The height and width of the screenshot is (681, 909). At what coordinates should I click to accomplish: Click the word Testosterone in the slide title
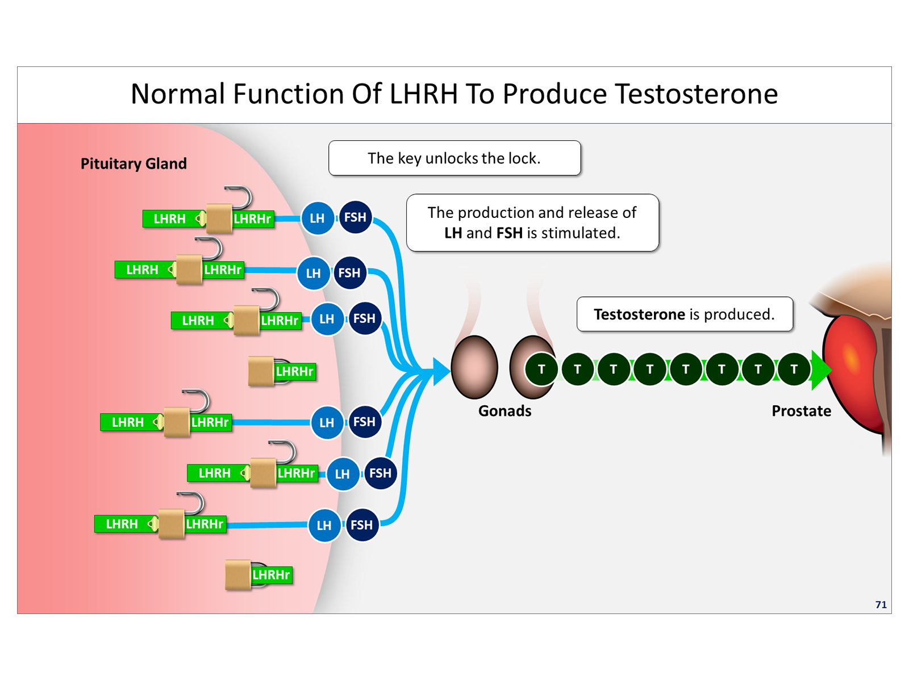pyautogui.click(x=697, y=94)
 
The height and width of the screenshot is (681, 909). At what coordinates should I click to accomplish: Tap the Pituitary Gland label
pyautogui.click(x=134, y=164)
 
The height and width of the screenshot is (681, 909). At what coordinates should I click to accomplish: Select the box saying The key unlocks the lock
pyautogui.click(x=454, y=158)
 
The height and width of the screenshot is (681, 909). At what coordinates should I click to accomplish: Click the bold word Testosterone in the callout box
pyautogui.click(x=639, y=314)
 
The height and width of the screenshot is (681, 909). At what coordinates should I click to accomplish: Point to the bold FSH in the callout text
pyautogui.click(x=509, y=233)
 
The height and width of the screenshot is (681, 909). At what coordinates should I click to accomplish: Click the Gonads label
pyautogui.click(x=504, y=411)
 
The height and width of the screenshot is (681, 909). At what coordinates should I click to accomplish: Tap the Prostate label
pyautogui.click(x=801, y=411)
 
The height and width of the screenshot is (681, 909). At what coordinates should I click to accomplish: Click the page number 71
pyautogui.click(x=881, y=604)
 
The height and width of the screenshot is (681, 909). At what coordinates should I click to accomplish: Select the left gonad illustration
pyautogui.click(x=474, y=367)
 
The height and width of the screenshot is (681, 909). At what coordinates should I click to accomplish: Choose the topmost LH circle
pyautogui.click(x=317, y=218)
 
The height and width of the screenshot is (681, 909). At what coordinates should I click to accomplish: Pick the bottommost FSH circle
pyautogui.click(x=362, y=525)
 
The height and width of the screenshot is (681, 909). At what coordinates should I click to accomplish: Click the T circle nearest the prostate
pyautogui.click(x=794, y=369)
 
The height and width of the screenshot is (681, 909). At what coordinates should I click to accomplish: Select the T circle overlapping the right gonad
pyautogui.click(x=541, y=369)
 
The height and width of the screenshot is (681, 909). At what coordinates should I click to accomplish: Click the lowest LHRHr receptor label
pyautogui.click(x=272, y=575)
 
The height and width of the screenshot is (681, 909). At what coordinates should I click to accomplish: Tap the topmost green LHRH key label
pyautogui.click(x=169, y=219)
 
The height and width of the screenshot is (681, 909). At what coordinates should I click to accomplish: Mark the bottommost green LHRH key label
pyautogui.click(x=122, y=524)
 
